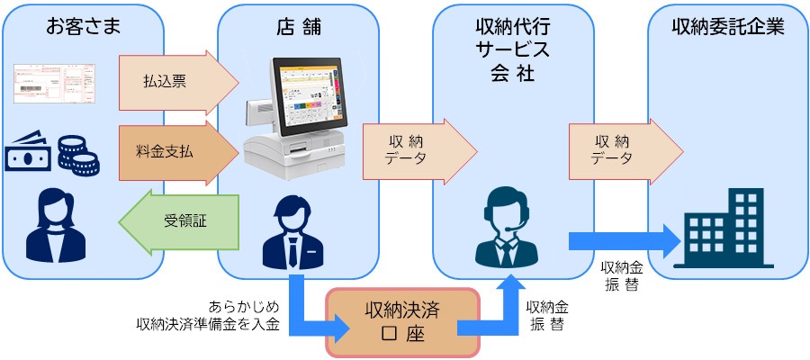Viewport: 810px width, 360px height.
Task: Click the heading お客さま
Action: click(x=82, y=27)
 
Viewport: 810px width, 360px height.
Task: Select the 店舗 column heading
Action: click(x=297, y=27)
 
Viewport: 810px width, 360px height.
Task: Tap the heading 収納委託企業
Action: click(x=728, y=27)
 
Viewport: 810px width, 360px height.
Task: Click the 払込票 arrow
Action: click(x=176, y=80)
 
